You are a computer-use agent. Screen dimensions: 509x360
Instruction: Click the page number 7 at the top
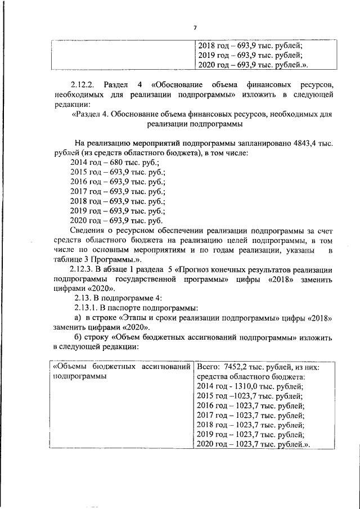(x=195, y=28)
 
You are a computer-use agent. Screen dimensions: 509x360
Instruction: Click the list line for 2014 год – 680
(x=105, y=161)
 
